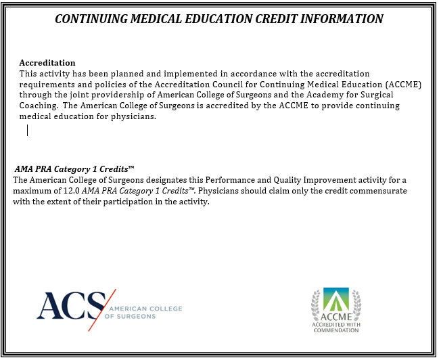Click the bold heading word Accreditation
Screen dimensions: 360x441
coord(47,63)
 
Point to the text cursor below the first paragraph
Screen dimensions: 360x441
coord(28,130)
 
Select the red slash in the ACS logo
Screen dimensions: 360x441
coord(102,309)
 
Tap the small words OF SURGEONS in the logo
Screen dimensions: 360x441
coord(130,316)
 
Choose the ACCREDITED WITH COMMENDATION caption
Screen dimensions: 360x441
coord(336,328)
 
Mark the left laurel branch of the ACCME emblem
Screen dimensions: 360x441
coord(317,305)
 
